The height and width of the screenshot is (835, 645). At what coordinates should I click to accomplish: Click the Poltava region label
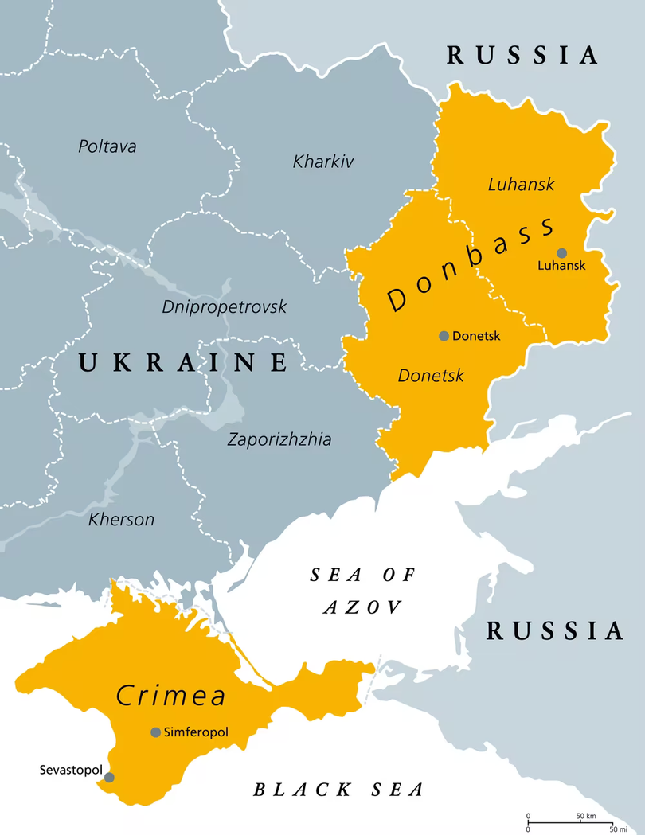click(107, 146)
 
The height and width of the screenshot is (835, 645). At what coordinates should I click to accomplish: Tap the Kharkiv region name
click(323, 162)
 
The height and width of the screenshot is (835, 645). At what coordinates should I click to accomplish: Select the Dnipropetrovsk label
click(225, 306)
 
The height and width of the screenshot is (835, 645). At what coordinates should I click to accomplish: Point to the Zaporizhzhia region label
click(279, 439)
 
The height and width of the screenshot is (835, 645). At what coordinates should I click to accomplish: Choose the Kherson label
click(121, 520)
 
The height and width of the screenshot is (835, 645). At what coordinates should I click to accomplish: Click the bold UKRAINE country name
click(182, 363)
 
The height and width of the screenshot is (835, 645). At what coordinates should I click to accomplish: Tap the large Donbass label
click(470, 263)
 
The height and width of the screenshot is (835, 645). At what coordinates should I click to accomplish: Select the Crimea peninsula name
click(171, 695)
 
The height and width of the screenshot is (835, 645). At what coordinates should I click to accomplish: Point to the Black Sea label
click(338, 790)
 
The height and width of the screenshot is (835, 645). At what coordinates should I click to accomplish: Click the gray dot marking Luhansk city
click(562, 252)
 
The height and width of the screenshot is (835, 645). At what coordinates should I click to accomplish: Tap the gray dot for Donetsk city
click(444, 336)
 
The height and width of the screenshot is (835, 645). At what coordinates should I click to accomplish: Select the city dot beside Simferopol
click(155, 732)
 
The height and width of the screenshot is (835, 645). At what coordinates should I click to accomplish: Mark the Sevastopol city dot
click(109, 777)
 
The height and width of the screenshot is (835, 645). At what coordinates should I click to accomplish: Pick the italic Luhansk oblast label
click(521, 185)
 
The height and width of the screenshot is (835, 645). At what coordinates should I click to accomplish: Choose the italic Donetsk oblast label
click(431, 375)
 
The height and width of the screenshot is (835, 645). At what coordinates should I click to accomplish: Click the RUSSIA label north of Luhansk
click(522, 55)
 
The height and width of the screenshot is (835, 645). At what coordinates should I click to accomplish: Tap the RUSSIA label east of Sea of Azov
click(555, 631)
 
